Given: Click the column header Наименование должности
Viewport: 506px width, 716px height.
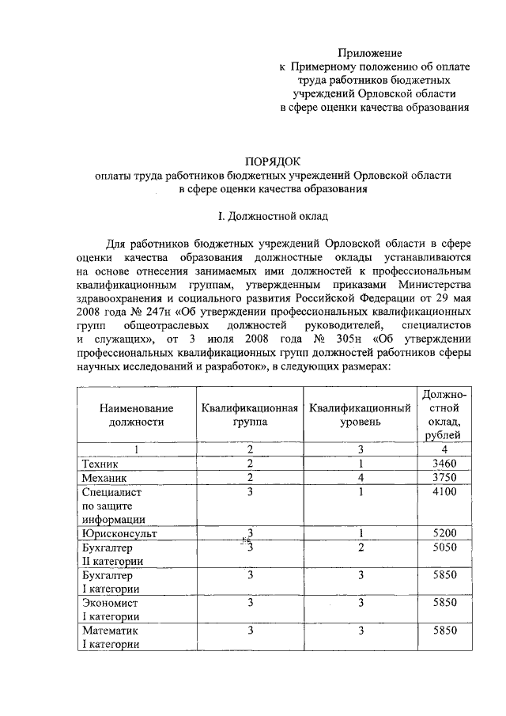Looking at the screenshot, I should coord(135,415).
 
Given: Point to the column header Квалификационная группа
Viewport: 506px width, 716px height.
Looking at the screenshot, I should coord(250,415).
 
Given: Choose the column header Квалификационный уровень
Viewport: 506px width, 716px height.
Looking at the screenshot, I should coord(360,415).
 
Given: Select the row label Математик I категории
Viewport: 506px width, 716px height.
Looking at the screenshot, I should coord(111,638).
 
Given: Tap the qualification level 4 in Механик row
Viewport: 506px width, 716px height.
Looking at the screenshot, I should coord(360,479).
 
